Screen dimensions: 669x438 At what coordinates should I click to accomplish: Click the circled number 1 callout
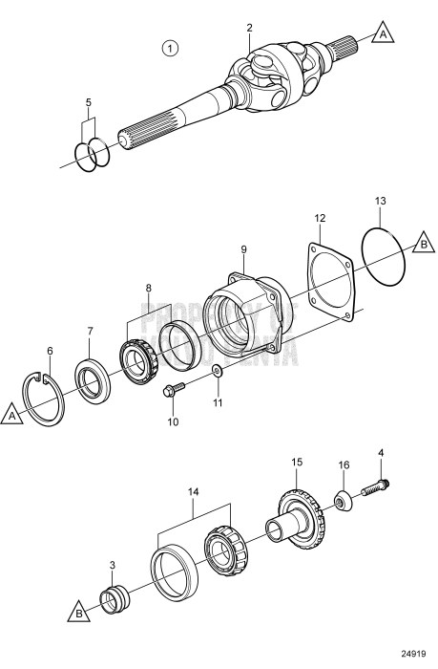click(170, 47)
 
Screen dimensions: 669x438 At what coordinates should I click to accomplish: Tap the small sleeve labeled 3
click(116, 604)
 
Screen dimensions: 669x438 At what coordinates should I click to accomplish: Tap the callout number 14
click(195, 492)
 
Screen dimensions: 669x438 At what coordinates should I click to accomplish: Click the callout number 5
click(89, 101)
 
